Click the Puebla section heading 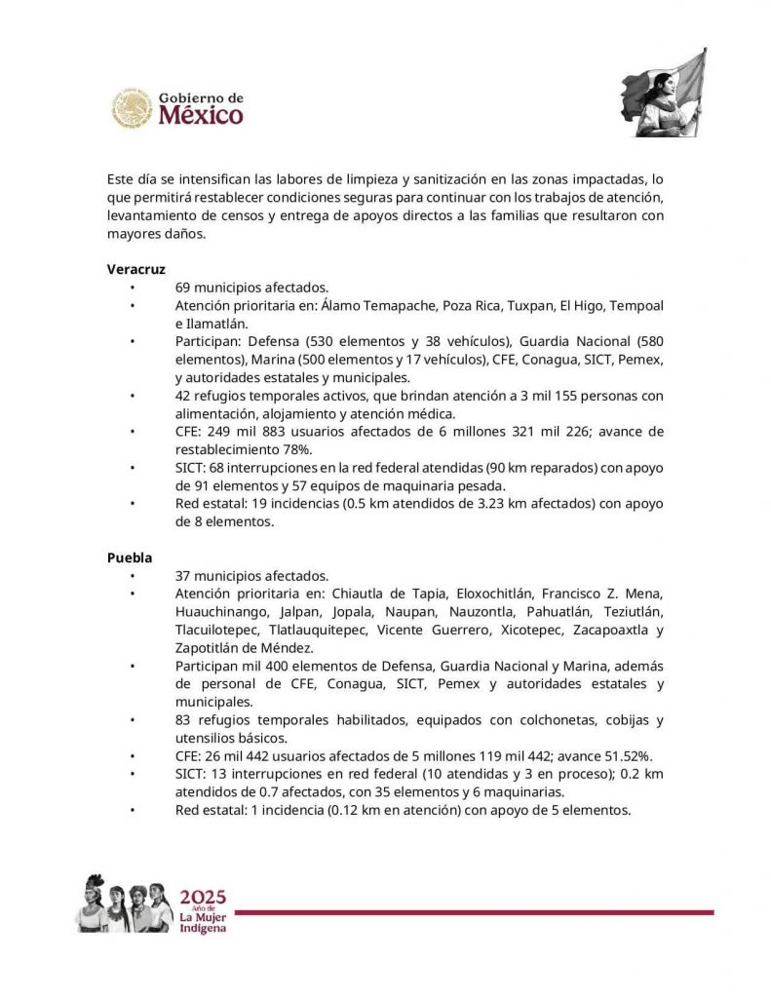(130, 557)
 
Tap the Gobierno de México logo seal (132, 108)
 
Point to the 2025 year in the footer (203, 897)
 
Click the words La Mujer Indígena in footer (203, 922)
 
